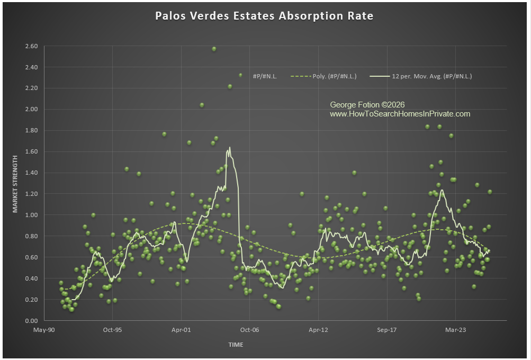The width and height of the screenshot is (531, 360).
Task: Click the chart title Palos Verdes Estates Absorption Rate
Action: click(264, 16)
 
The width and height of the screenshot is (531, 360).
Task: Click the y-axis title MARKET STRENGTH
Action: click(15, 183)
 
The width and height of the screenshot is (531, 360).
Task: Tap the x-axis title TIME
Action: click(236, 345)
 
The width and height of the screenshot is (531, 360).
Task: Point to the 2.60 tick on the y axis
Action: click(31, 46)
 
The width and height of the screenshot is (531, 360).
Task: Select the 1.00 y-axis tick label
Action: click(31, 215)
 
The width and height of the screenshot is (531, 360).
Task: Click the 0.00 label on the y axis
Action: click(31, 321)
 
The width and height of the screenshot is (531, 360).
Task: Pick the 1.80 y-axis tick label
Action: click(31, 130)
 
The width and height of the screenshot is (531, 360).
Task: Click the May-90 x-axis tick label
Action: click(44, 329)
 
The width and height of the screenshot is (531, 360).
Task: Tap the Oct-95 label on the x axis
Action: click(112, 329)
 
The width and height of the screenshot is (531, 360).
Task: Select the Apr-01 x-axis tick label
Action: click(181, 329)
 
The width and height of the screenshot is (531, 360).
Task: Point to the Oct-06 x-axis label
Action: click(250, 329)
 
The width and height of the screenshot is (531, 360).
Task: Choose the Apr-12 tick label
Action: click(319, 329)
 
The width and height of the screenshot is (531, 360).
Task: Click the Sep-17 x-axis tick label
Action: click(387, 329)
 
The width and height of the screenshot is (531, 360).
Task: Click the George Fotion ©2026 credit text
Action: click(367, 105)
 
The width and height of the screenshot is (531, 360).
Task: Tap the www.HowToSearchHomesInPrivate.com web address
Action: click(400, 114)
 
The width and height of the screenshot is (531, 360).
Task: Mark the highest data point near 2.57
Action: click(214, 49)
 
